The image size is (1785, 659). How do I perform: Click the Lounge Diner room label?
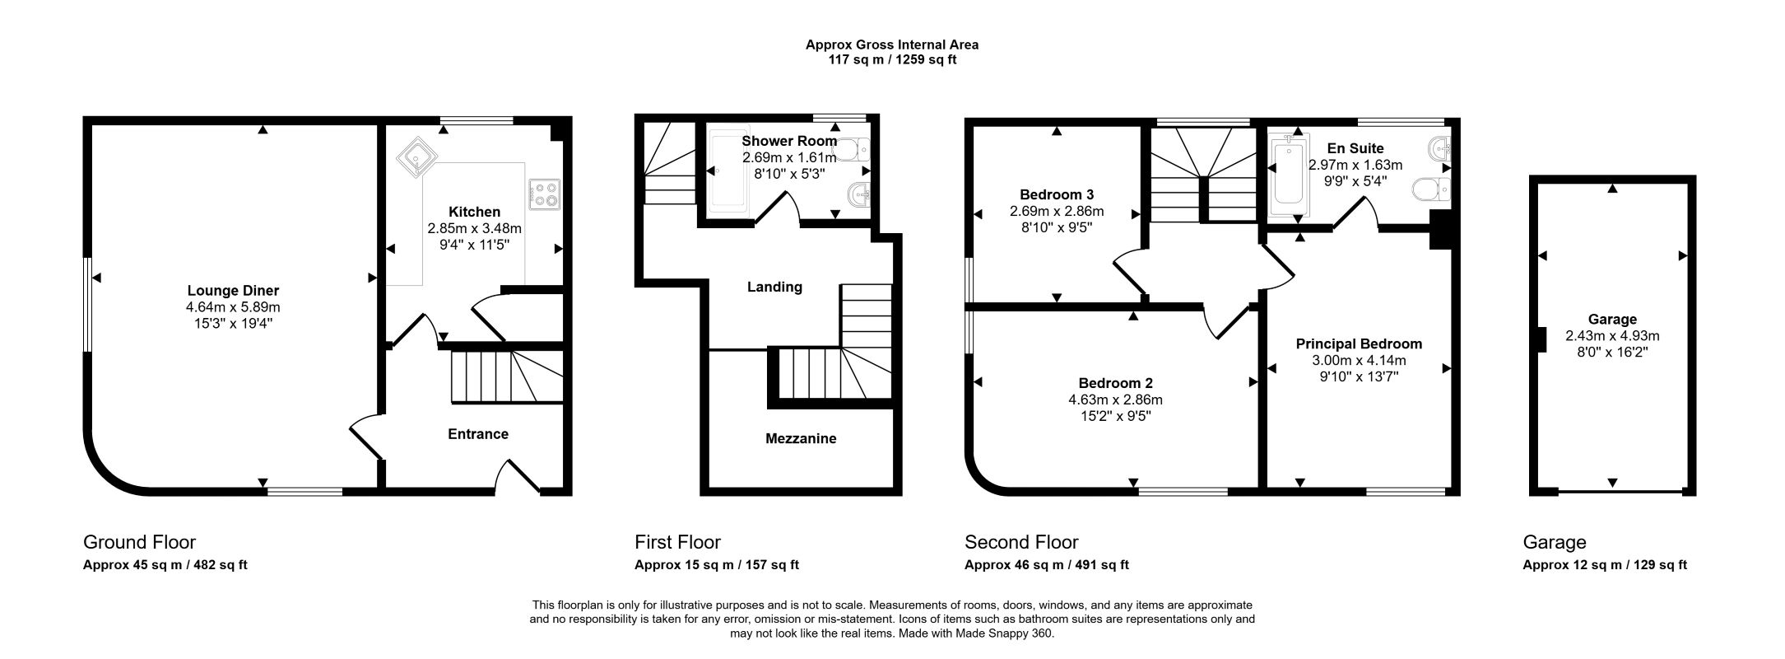[x=233, y=291]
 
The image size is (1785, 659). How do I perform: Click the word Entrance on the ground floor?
[x=478, y=434]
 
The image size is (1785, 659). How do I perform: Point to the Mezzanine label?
[x=801, y=439]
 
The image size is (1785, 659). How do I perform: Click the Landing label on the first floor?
[x=774, y=287]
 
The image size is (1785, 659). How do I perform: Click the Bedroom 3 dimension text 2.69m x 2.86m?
[x=1057, y=212]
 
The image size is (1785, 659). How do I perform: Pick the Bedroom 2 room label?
[x=1115, y=383]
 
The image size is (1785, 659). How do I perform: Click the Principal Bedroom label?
[x=1359, y=344]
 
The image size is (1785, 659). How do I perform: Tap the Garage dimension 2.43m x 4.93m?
[x=1612, y=336]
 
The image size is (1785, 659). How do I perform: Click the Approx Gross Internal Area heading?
[x=892, y=45]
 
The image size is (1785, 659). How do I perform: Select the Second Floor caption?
[x=1021, y=542]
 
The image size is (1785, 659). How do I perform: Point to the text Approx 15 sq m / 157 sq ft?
[x=717, y=565]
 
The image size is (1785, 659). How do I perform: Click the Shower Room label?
[x=789, y=141]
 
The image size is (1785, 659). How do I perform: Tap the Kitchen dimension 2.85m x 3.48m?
[x=475, y=228]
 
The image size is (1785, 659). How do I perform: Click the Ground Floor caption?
[x=139, y=542]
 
